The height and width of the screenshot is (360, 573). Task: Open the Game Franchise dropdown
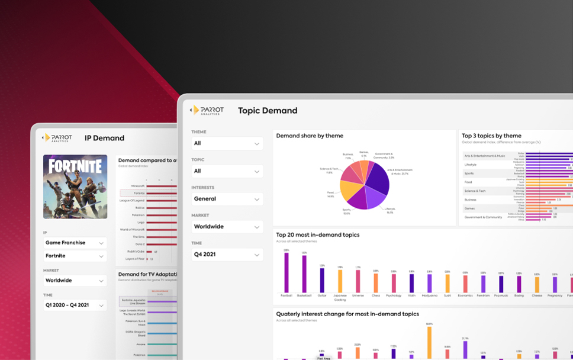[75, 243]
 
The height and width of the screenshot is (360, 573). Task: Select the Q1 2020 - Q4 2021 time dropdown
[75, 305]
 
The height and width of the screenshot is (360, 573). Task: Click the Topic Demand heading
[268, 111]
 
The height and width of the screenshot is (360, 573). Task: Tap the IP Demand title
[104, 138]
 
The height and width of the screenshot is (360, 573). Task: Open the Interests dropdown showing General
[227, 199]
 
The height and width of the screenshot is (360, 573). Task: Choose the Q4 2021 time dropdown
[227, 255]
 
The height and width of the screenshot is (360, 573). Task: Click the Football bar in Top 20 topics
[286, 273]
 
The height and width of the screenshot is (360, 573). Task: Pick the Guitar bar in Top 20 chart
[322, 280]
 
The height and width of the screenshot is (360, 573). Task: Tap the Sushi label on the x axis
[447, 295]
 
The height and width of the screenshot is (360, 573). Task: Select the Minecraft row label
[137, 186]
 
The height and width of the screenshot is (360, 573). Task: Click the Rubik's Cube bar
[149, 252]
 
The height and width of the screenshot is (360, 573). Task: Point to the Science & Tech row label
[475, 191]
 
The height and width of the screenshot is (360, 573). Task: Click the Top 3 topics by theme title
[491, 136]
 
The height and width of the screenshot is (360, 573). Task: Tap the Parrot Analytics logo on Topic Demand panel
[207, 111]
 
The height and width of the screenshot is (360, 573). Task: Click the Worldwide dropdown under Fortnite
[75, 281]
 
